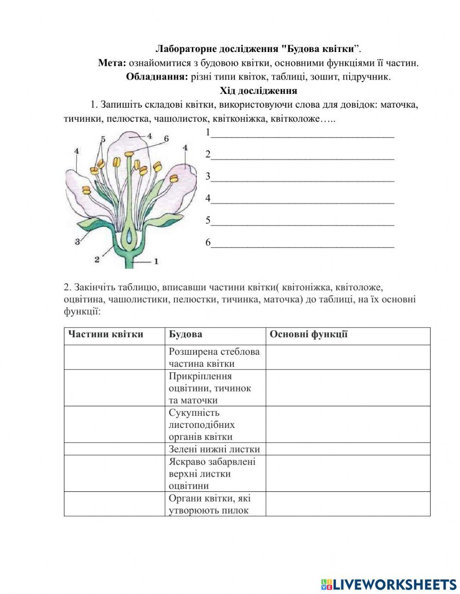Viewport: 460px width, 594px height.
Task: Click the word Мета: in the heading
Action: click(x=112, y=63)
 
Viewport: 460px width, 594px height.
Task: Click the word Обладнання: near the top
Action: click(x=157, y=77)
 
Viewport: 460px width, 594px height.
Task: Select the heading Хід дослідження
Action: click(x=258, y=91)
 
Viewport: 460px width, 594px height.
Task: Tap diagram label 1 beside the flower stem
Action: click(x=156, y=261)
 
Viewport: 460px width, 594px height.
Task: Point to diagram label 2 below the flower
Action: click(x=97, y=259)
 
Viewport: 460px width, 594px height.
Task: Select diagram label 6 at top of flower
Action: click(x=166, y=138)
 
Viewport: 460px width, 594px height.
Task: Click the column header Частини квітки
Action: click(x=105, y=334)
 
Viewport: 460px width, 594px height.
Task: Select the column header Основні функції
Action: click(x=308, y=334)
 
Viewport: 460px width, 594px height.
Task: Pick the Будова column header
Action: click(x=185, y=334)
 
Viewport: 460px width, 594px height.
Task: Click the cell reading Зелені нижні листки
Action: click(x=214, y=449)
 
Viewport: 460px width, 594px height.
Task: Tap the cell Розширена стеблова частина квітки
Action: click(x=214, y=358)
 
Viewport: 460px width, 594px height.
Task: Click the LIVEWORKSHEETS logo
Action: click(x=389, y=584)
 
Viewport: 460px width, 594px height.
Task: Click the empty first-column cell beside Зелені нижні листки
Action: click(x=114, y=449)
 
